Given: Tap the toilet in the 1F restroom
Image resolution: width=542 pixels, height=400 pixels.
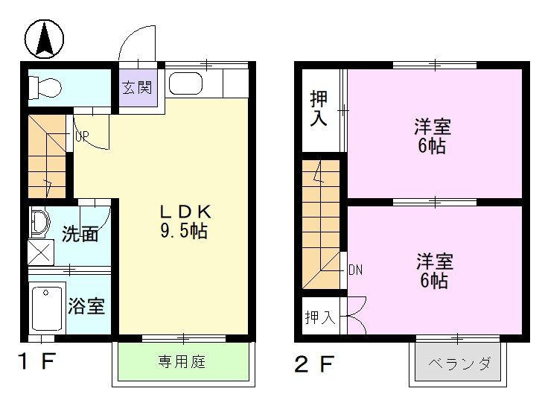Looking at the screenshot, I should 45,88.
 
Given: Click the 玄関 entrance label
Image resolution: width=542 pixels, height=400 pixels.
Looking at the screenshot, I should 137,86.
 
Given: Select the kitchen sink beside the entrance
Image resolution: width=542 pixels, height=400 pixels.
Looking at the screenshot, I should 186,83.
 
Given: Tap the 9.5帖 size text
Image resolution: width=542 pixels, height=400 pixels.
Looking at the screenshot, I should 183,231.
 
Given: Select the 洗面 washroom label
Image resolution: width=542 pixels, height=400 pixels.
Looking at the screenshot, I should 80,234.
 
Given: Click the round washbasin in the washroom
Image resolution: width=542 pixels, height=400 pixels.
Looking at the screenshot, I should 39,221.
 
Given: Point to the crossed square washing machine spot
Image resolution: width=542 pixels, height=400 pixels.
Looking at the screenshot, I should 41,252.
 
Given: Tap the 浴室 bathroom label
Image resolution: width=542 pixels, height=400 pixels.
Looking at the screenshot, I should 86,305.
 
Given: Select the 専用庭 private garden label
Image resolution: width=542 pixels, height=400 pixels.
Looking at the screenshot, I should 181,363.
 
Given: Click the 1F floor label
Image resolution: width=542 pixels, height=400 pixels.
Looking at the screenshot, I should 36,363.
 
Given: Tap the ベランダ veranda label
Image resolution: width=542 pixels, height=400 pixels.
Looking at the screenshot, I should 459,364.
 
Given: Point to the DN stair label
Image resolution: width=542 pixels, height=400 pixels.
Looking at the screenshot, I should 355,270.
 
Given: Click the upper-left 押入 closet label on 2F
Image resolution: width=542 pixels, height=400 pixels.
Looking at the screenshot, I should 319,108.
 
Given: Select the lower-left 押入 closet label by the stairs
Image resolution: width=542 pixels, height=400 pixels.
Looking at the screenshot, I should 319,318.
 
